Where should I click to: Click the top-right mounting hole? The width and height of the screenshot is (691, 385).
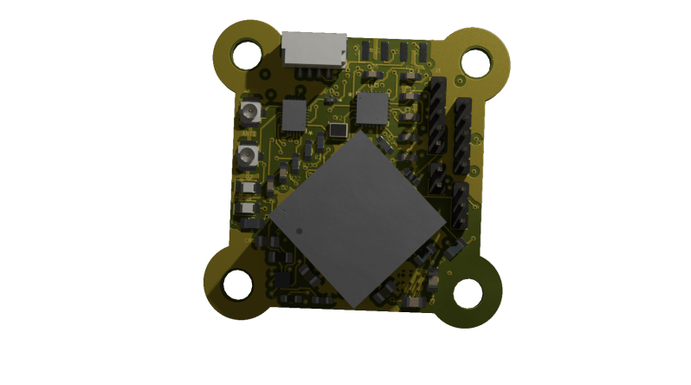475,62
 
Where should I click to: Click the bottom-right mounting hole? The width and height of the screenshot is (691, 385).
468,294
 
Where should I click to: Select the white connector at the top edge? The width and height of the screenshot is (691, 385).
314,49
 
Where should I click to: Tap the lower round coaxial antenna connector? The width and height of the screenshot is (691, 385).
248,157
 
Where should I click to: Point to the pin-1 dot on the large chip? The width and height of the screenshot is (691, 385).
298,232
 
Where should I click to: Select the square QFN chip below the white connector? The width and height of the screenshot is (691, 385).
294,115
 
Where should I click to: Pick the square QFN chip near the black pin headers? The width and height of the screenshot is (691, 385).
373,109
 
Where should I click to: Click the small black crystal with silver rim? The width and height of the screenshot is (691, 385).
337,131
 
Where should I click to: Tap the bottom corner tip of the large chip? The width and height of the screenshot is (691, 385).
354,305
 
